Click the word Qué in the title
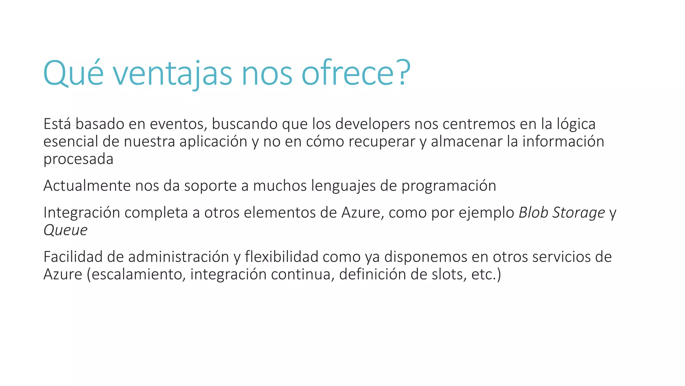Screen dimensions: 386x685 pos(74,73)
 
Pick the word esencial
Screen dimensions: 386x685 pos(71,142)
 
